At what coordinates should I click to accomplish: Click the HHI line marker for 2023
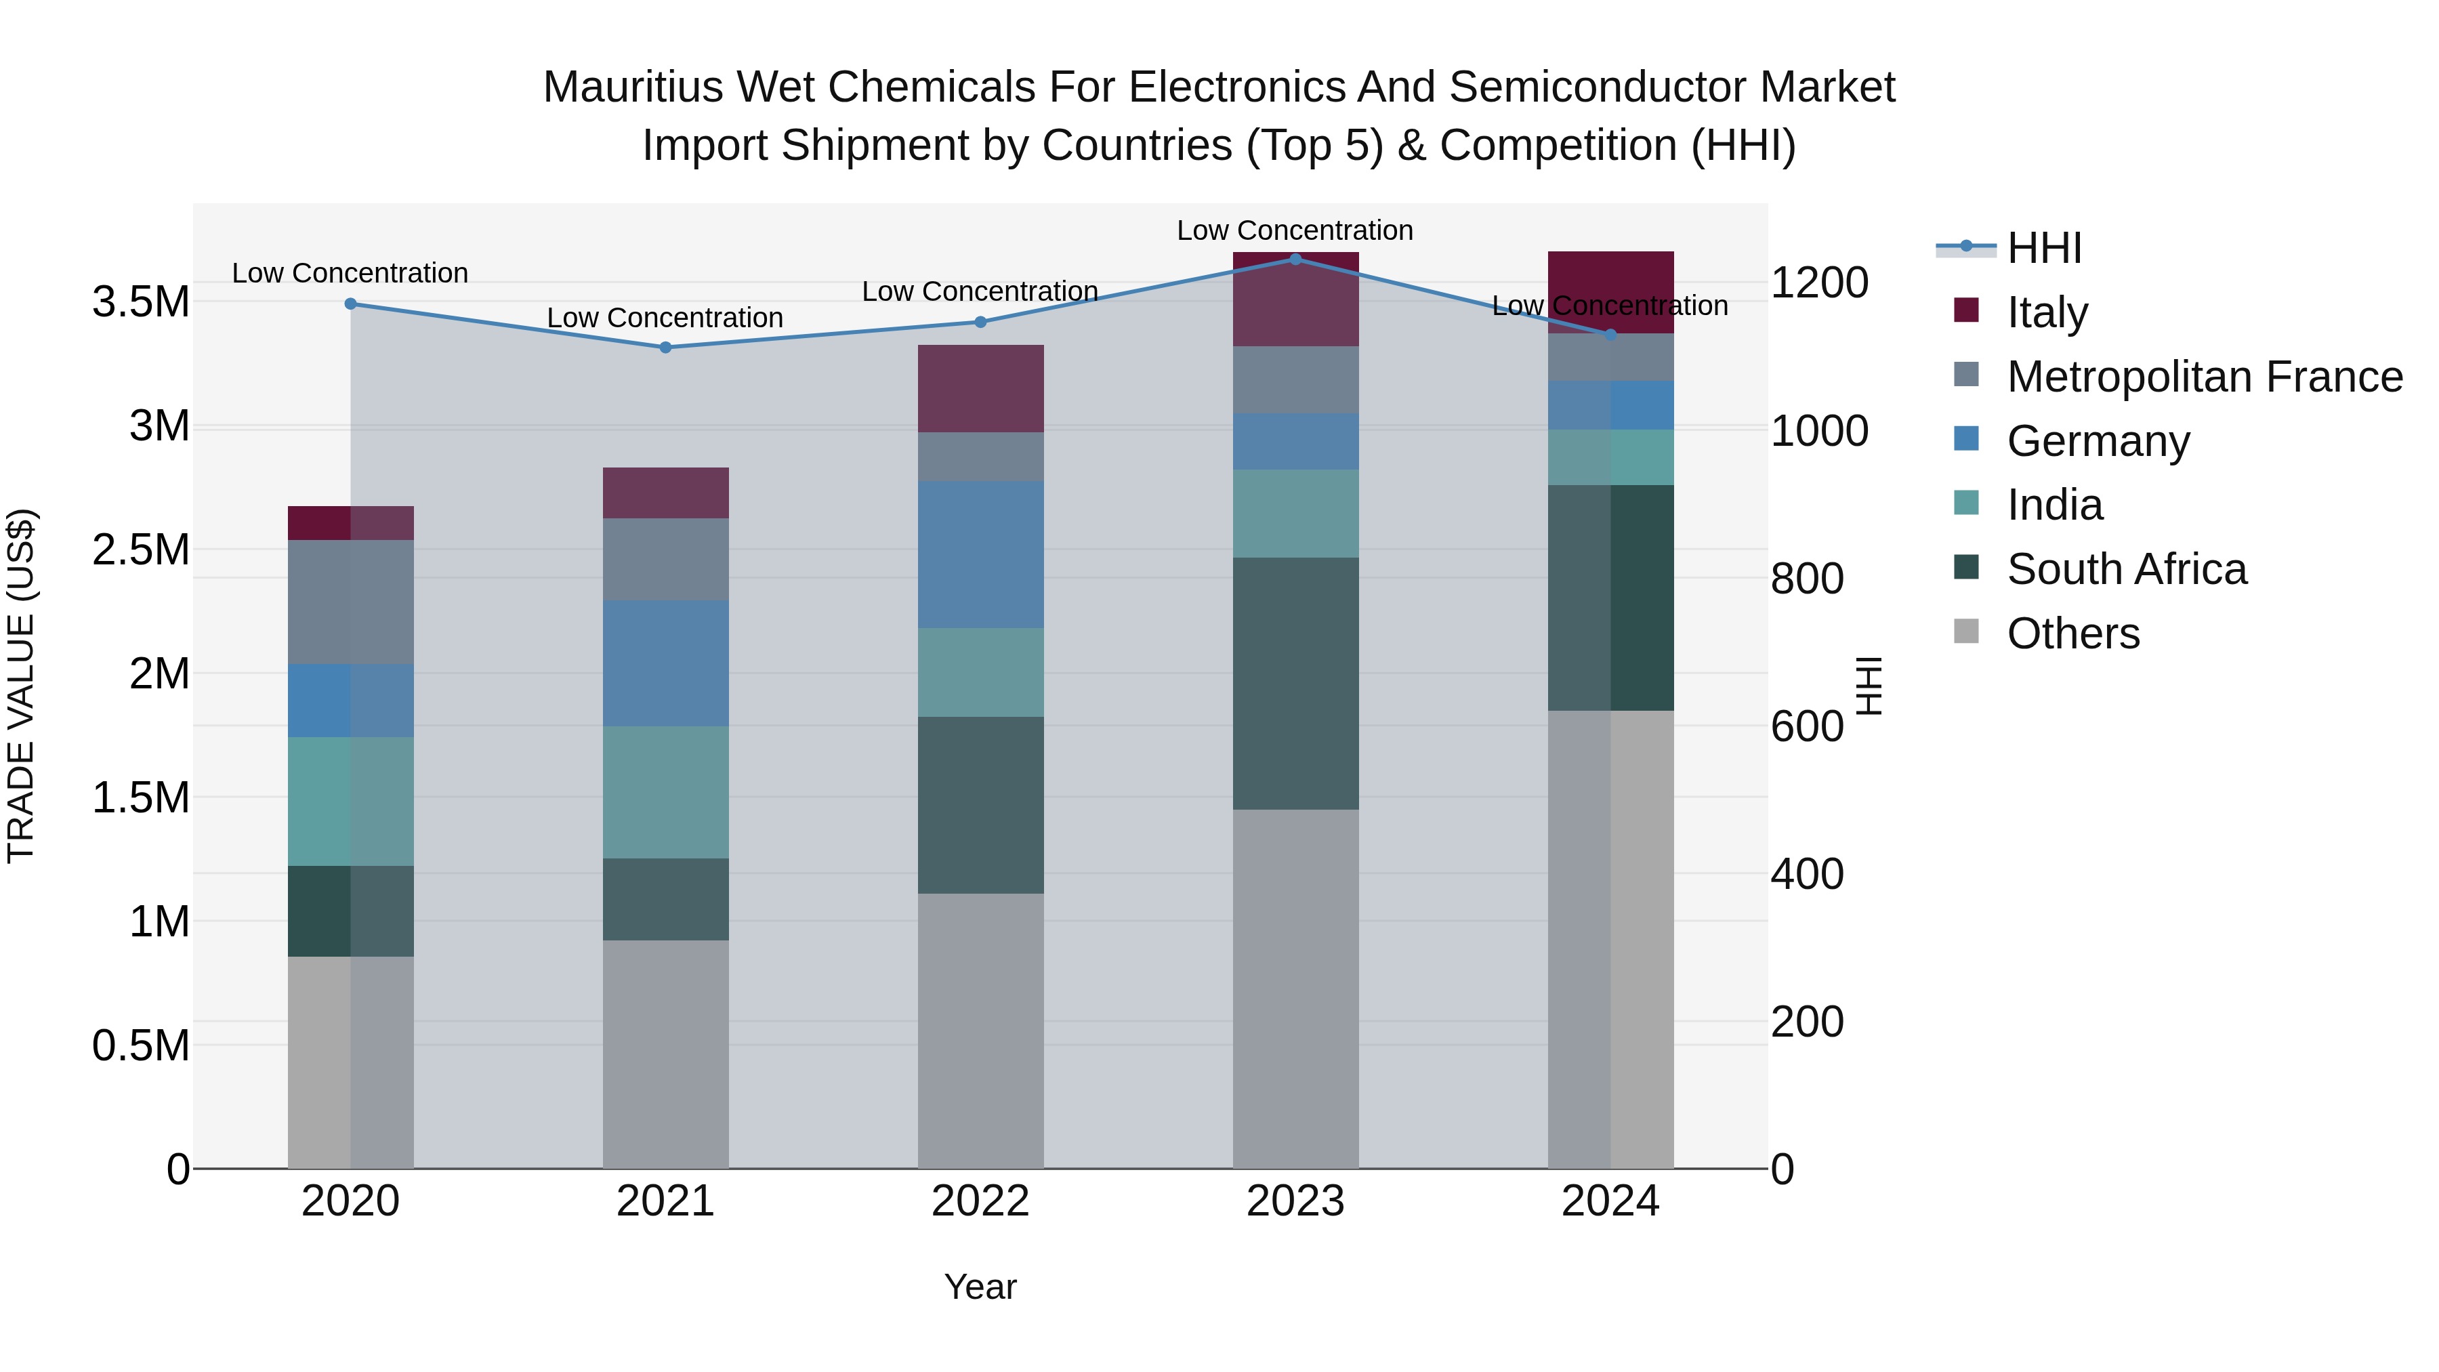tap(1295, 259)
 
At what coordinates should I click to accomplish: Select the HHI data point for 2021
tap(665, 348)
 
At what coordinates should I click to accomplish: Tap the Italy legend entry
tap(2046, 312)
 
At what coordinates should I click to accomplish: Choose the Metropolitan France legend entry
tap(2203, 377)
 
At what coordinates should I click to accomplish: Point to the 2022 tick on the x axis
tap(980, 1201)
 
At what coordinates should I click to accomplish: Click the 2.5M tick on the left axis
tap(140, 550)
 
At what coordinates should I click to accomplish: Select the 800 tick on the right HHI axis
tap(1806, 579)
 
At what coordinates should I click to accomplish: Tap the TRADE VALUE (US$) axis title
tap(21, 686)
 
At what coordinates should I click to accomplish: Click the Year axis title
tap(980, 1287)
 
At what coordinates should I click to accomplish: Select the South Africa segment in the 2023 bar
tap(1295, 683)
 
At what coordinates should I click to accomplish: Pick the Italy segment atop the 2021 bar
tap(665, 493)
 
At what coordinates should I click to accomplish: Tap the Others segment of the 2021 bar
tap(665, 1053)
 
